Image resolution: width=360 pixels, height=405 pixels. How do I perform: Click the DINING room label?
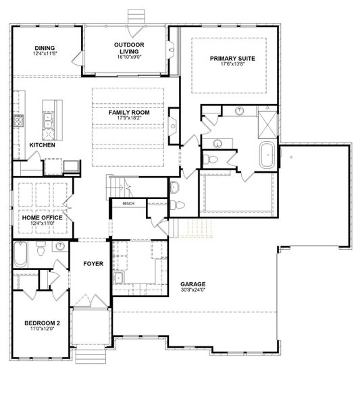pos(45,48)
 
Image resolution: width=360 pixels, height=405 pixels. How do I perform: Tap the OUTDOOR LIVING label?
pos(129,48)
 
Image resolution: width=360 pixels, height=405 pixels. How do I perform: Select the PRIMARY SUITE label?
pos(232,59)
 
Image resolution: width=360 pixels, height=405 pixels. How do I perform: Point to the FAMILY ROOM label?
pos(129,113)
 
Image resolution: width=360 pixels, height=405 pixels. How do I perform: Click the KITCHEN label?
pos(42,145)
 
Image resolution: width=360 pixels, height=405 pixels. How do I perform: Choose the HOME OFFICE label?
pos(42,218)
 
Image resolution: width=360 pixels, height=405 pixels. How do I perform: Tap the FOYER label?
pos(93,264)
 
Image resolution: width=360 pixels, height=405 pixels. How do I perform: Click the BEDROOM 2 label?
pos(42,323)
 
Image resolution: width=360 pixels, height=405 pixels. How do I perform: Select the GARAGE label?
pos(193,284)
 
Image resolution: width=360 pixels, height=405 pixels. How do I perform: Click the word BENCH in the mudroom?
pos(128,204)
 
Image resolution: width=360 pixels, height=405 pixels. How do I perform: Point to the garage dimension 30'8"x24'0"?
pos(193,290)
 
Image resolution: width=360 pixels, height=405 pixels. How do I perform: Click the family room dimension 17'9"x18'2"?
pos(129,118)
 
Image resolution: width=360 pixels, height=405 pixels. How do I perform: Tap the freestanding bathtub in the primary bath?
pos(268,155)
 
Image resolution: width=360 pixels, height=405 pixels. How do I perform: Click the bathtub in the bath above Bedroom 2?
pos(20,254)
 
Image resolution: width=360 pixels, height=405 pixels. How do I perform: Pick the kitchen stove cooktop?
pos(18,121)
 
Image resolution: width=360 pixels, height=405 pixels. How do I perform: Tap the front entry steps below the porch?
pos(91,356)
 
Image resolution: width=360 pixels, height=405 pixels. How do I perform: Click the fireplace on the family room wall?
pos(174,126)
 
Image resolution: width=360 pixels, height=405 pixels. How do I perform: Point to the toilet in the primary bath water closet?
pos(209,159)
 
